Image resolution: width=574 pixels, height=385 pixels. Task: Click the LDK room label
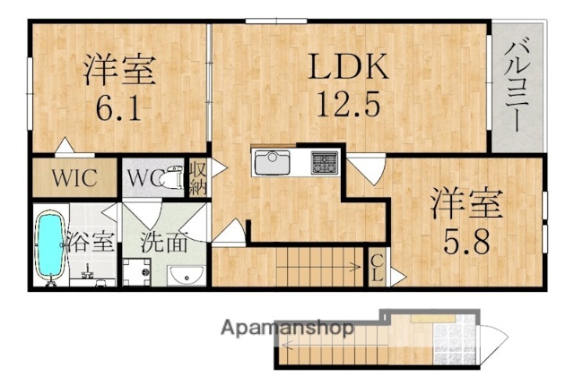[349, 66]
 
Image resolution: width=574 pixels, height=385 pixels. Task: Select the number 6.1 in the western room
[120, 108]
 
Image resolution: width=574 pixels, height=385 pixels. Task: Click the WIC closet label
[74, 176]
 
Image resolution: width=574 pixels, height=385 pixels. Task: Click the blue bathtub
[50, 244]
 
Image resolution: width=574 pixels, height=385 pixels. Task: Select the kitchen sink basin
[272, 164]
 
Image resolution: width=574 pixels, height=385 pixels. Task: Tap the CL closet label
[376, 267]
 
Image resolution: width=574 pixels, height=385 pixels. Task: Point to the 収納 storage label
[196, 176]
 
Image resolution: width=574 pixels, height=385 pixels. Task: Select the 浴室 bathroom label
[90, 242]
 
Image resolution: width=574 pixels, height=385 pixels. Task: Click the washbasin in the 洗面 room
[184, 274]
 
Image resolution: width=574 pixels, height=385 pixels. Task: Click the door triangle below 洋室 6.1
[64, 145]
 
